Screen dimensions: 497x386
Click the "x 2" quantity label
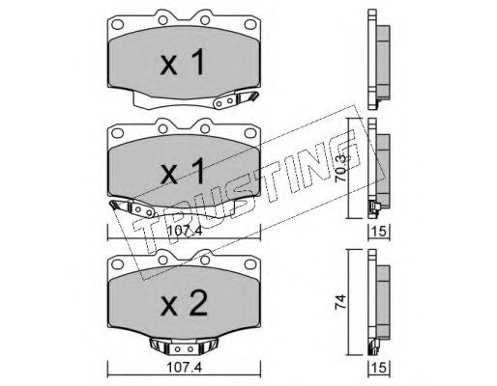pos(184,305)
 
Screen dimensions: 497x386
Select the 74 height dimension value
pos(341,302)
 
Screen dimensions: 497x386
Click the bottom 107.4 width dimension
pos(184,368)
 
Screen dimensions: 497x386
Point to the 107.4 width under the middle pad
pos(184,231)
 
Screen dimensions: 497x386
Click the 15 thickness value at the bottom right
pos(379,368)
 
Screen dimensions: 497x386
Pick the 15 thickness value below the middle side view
pos(379,232)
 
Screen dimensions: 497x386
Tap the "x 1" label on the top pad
pos(183,63)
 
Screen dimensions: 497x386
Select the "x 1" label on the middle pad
pos(183,172)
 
